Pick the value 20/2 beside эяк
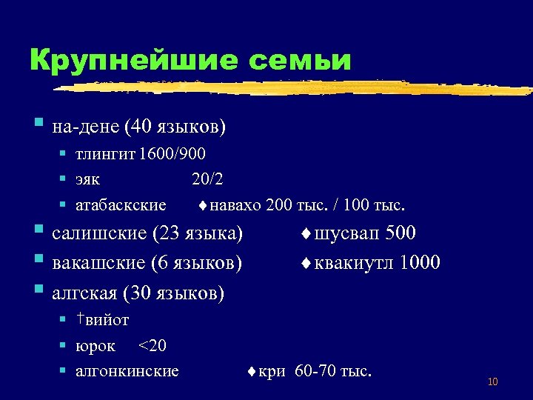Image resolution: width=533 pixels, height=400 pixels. pos(207,179)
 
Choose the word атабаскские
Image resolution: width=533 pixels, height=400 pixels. pos(121,204)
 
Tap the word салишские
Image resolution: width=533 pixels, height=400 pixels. pos(99,234)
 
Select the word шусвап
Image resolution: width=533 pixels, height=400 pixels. pos(345,234)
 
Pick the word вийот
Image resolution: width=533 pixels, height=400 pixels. pos(107,320)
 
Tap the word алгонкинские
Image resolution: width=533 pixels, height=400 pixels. pos(127,370)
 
